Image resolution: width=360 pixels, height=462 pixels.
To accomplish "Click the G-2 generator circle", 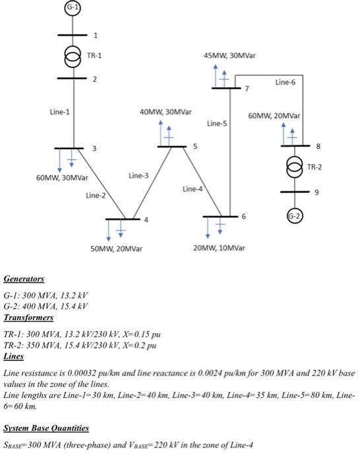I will click(x=291, y=216).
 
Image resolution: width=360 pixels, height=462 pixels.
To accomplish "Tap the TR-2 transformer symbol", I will click(x=291, y=168).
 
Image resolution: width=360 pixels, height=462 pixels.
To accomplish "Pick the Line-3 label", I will click(x=138, y=176).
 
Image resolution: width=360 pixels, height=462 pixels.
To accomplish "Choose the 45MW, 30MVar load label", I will click(x=231, y=56).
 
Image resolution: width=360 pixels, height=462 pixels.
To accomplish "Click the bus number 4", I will click(x=146, y=219).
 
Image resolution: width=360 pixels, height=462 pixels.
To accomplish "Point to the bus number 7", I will click(x=247, y=88).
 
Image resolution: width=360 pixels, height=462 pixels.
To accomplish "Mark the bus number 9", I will click(x=316, y=191).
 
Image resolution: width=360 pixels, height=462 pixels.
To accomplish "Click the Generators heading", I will click(x=23, y=279).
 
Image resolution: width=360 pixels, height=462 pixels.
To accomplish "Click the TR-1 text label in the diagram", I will click(x=94, y=55).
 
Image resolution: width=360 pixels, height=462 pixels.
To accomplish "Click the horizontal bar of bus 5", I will click(x=171, y=146).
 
